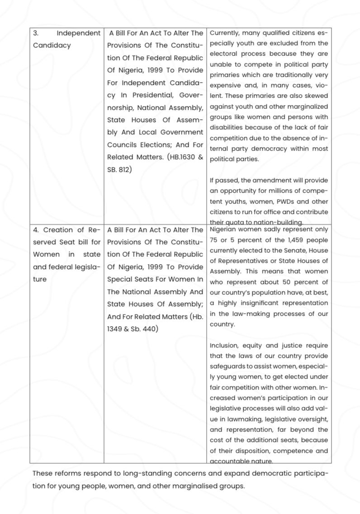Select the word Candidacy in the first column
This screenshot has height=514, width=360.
(x=52, y=45)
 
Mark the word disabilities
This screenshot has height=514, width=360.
(x=229, y=127)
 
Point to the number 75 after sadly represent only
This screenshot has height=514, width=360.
(x=214, y=240)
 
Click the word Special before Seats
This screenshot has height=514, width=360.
(x=121, y=279)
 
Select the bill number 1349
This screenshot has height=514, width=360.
(x=115, y=329)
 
